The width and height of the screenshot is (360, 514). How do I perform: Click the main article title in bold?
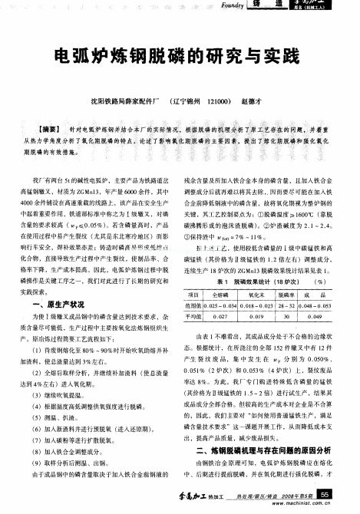point(180,57)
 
